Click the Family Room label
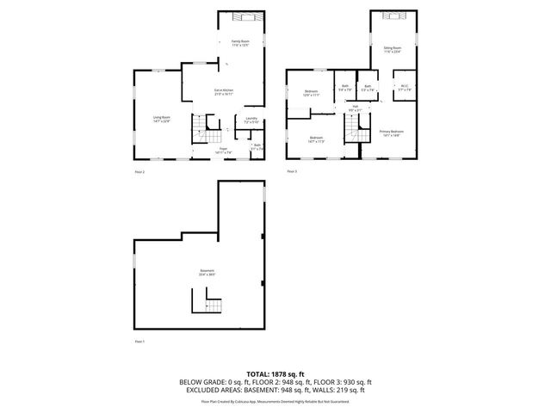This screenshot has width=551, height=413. coord(239,42)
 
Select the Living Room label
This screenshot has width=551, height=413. coord(162,120)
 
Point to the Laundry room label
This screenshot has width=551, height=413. coord(251,120)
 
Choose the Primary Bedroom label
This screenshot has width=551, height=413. coord(392,133)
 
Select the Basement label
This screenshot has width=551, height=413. coord(207,272)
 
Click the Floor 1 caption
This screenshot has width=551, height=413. coord(139,342)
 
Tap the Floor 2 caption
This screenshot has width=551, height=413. coord(139,172)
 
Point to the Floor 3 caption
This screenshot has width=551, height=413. coord(292,172)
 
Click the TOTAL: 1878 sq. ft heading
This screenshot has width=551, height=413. coord(275,373)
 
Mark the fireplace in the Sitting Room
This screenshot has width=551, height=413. coord(393,16)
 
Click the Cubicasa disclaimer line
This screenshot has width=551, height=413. coord(275,401)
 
